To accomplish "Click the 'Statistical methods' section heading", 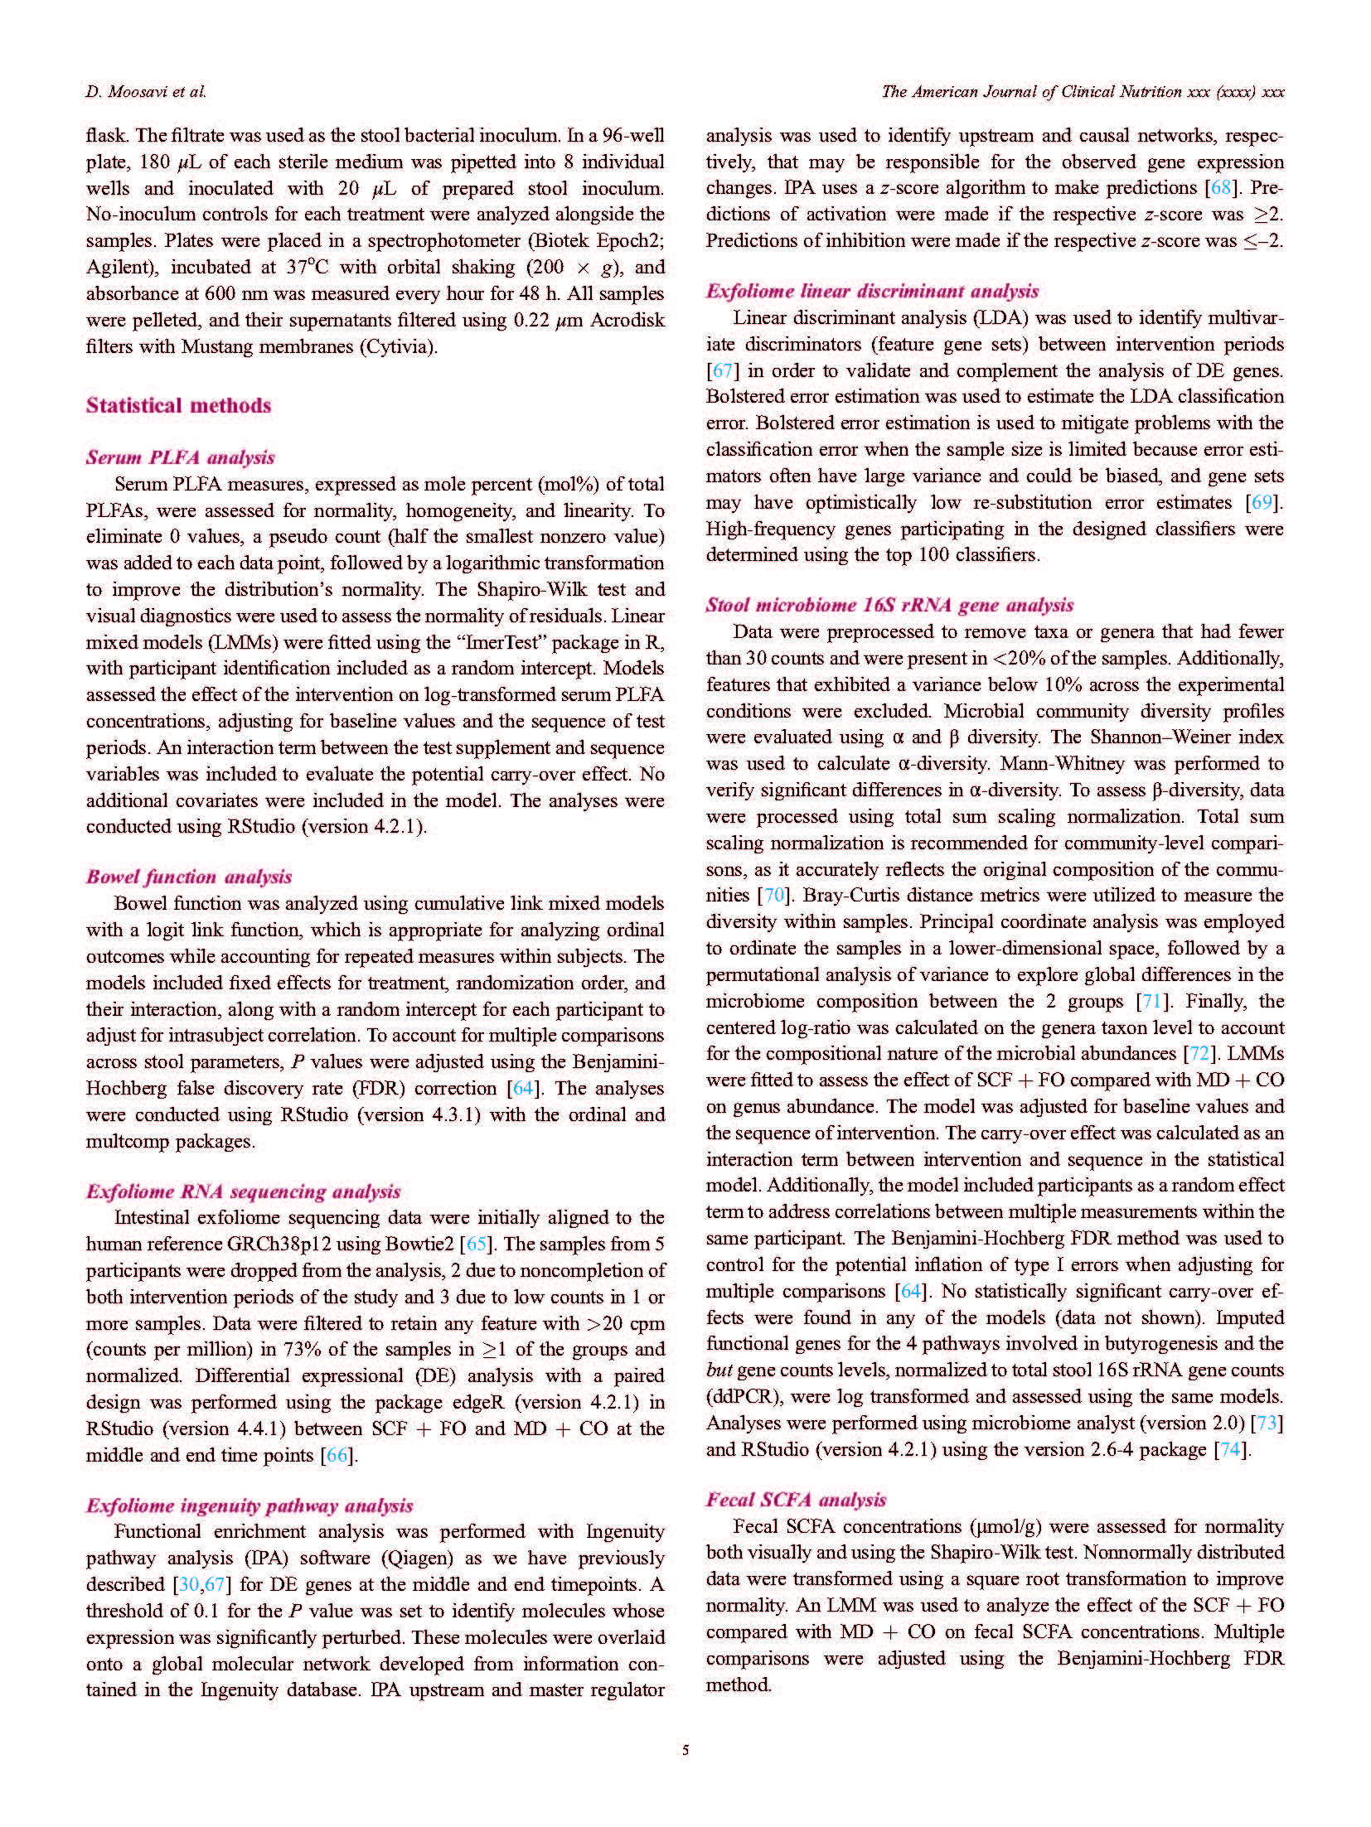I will pos(178,405).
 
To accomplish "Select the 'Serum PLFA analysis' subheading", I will pos(180,457).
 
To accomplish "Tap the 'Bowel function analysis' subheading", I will pos(189,877).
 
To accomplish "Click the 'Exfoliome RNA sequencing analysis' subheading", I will pos(243,1191).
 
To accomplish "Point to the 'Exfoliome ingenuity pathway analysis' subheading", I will pos(249,1506).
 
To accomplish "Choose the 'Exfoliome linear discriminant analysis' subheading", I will pos(872,291).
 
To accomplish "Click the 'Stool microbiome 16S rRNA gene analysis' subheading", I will pos(889,605).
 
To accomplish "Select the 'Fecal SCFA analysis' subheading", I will pos(796,1499).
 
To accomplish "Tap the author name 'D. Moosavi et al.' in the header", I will pos(146,92).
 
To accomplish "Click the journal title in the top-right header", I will pos(1083,92).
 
